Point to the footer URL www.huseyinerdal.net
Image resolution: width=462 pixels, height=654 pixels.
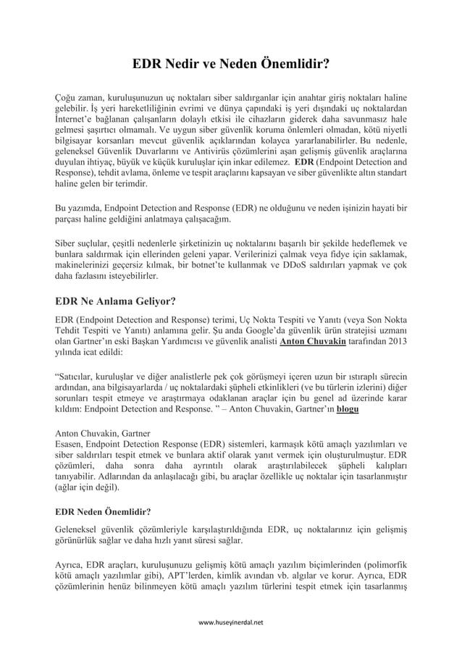(x=231, y=621)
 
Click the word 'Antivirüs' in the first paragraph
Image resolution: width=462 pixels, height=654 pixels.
(x=194, y=151)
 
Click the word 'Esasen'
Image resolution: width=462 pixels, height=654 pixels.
(x=72, y=445)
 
